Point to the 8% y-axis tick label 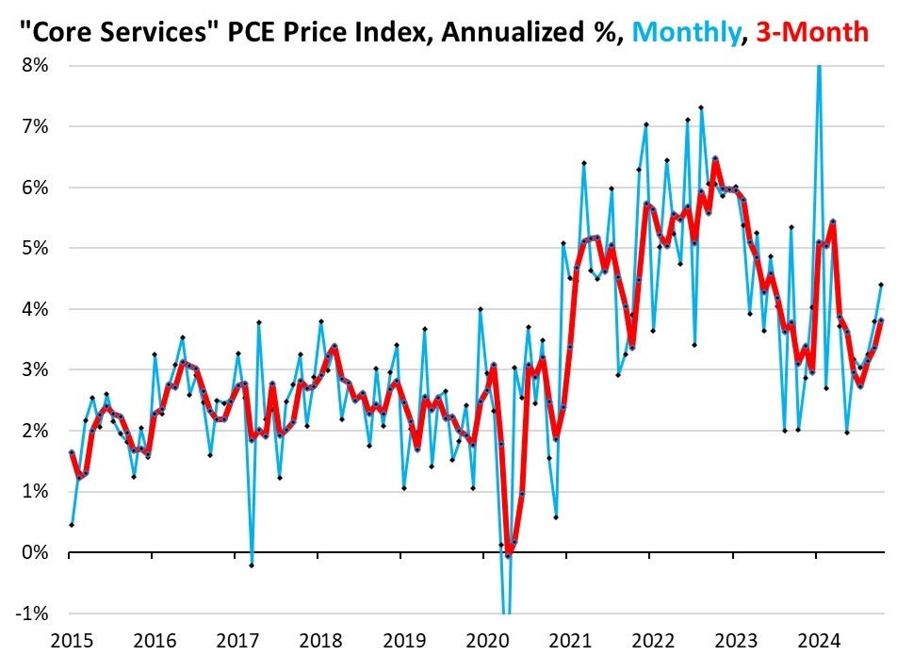pyautogui.click(x=38, y=66)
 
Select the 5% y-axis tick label pyautogui.click(x=38, y=248)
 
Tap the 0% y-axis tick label pyautogui.click(x=38, y=552)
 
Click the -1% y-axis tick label pyautogui.click(x=35, y=613)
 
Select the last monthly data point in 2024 pyautogui.click(x=882, y=284)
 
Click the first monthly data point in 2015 pyautogui.click(x=72, y=524)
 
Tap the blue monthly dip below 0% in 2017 pyautogui.click(x=252, y=565)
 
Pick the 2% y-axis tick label pyautogui.click(x=38, y=431)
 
